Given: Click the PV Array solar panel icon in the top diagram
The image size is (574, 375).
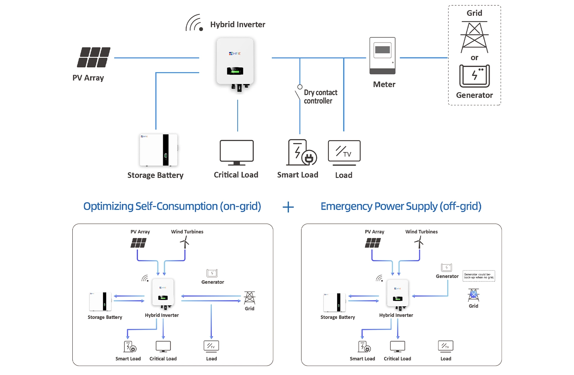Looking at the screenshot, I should [x=94, y=57].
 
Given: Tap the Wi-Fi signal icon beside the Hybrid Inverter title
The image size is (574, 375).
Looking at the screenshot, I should [x=194, y=23].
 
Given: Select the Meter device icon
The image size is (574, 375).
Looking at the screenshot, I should [x=382, y=56].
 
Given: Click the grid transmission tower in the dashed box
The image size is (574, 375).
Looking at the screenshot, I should [x=475, y=37].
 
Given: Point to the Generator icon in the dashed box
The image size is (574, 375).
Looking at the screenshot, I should [x=475, y=76].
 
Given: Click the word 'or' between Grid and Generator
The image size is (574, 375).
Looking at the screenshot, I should [x=475, y=58].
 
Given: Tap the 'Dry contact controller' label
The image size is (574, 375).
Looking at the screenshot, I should [x=320, y=97].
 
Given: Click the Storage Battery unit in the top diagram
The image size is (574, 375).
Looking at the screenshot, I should [x=158, y=150].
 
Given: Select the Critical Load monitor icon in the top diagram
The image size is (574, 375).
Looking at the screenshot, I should [x=237, y=152].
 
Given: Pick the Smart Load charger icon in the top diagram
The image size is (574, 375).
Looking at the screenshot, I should [x=302, y=152].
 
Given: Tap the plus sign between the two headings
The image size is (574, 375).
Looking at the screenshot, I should [x=288, y=207].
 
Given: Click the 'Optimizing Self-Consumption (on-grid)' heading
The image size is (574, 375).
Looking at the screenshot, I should [x=172, y=206].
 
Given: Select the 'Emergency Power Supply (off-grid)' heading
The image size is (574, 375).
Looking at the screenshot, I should [x=401, y=206].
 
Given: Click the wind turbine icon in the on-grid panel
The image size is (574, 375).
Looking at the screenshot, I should [x=185, y=242].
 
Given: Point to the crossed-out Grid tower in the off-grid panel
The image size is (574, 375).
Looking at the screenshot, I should [x=474, y=295].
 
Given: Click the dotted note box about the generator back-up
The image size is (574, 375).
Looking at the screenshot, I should [x=479, y=276].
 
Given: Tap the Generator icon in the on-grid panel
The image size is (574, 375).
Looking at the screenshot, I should [x=212, y=273].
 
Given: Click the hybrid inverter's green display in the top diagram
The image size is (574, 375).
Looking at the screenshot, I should [x=235, y=71].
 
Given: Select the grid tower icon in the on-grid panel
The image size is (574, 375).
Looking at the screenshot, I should [x=250, y=298].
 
